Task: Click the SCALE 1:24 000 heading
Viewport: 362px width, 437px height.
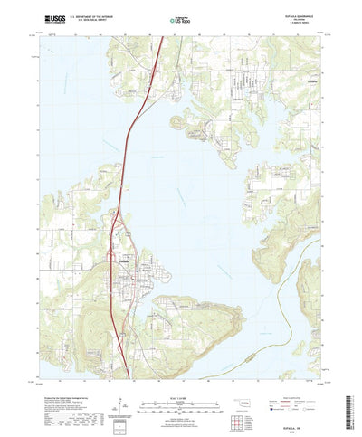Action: click(179, 384)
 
